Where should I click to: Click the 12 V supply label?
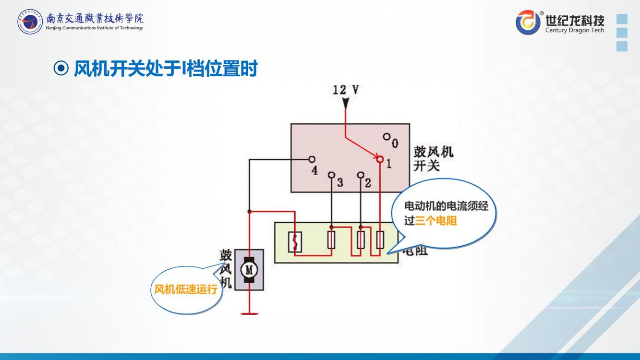(x=346, y=90)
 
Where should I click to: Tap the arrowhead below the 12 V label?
(x=345, y=102)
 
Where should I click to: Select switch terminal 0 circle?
(x=386, y=137)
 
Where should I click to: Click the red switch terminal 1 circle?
(x=380, y=159)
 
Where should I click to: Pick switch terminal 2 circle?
(x=361, y=175)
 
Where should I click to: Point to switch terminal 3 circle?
(x=331, y=175)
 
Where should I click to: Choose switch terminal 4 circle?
(x=312, y=159)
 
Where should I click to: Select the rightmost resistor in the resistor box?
(x=380, y=240)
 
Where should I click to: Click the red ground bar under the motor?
(x=249, y=313)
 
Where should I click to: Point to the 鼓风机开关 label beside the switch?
(x=433, y=159)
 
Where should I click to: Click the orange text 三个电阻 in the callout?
(x=436, y=221)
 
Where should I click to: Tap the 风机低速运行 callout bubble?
(x=186, y=289)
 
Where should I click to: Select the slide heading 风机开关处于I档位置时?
(x=165, y=70)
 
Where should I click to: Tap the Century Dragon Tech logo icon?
(x=528, y=23)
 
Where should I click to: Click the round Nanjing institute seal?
(x=30, y=22)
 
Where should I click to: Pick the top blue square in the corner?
(x=622, y=19)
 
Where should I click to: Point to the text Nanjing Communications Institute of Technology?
(x=94, y=28)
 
